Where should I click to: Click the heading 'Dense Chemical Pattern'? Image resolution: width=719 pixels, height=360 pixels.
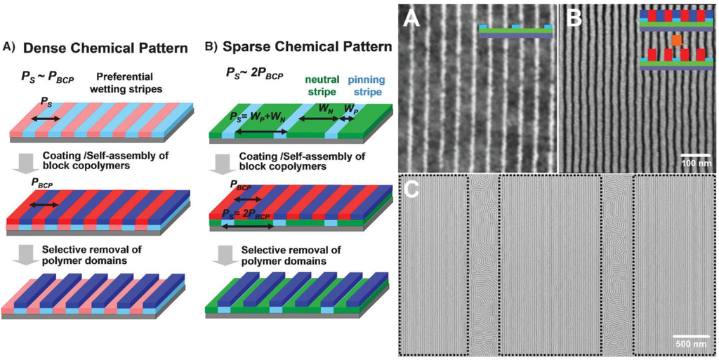[105, 49]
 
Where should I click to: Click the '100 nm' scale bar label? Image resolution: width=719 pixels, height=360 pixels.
[697, 163]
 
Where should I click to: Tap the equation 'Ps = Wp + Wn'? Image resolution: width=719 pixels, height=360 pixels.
[261, 117]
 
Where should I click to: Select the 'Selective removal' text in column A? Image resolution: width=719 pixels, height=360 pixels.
[94, 254]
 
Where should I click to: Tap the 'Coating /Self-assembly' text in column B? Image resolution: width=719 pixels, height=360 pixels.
[298, 157]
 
